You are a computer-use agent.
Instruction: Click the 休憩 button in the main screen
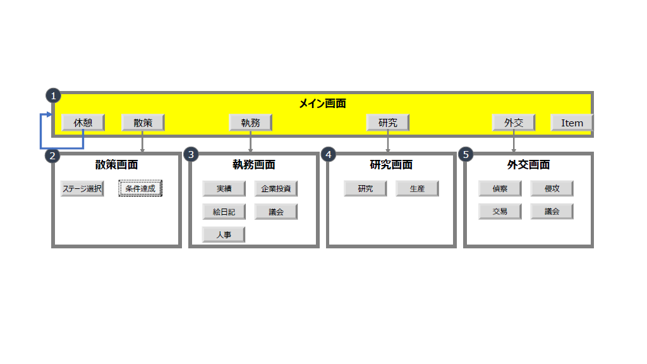83,123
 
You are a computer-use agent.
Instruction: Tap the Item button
572,123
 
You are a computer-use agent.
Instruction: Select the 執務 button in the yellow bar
250,123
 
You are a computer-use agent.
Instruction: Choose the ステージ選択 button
82,188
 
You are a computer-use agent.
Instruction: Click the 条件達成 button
140,188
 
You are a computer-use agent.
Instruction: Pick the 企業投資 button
275,188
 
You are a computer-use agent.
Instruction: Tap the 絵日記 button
224,212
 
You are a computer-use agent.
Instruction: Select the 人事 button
224,234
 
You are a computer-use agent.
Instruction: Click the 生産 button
417,188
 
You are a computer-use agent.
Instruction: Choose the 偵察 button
500,188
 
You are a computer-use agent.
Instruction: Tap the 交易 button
500,211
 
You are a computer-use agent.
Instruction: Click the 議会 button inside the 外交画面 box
552,211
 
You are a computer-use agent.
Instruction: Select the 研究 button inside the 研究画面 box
365,188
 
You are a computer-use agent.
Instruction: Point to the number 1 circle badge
53,95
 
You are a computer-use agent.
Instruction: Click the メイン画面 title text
322,104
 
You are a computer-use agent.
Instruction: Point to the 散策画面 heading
116,165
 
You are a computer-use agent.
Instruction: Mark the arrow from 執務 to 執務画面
251,142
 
